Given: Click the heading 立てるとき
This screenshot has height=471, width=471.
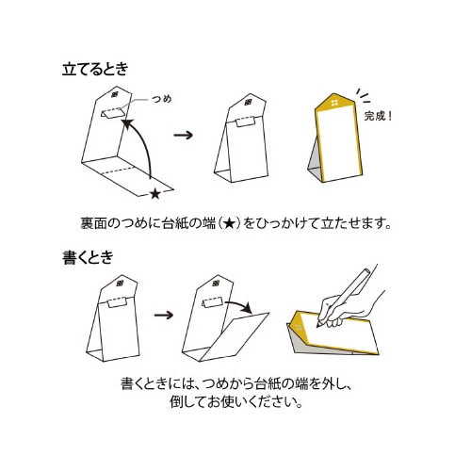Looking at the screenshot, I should [x=95, y=69].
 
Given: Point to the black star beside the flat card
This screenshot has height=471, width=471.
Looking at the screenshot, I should [x=154, y=195].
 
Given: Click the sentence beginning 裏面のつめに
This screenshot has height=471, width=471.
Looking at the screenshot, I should [x=235, y=224].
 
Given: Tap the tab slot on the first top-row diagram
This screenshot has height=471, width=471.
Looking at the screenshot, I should [x=111, y=118].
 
